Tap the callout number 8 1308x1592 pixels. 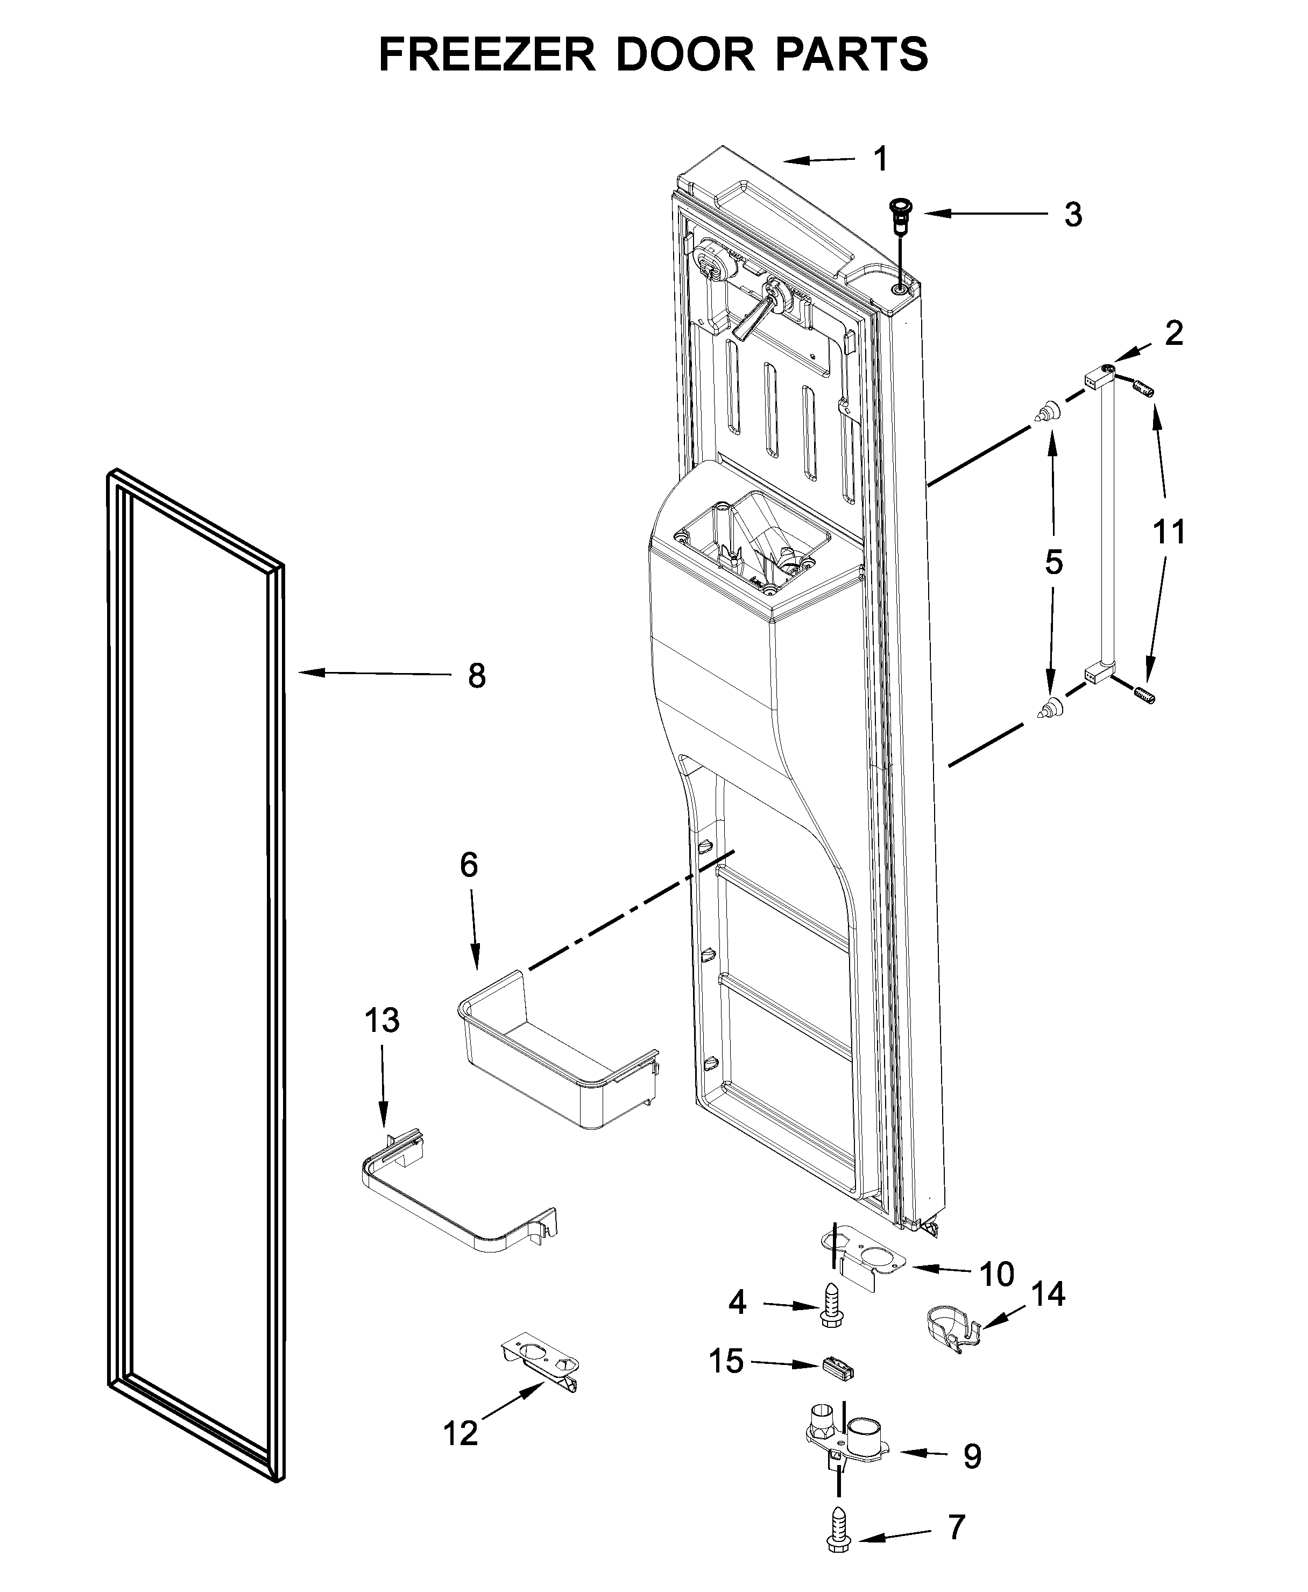[476, 676]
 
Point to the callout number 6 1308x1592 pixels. [469, 865]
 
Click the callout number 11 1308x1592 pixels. [1169, 532]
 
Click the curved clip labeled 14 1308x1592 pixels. [951, 1334]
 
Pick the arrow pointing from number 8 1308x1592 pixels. [375, 674]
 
